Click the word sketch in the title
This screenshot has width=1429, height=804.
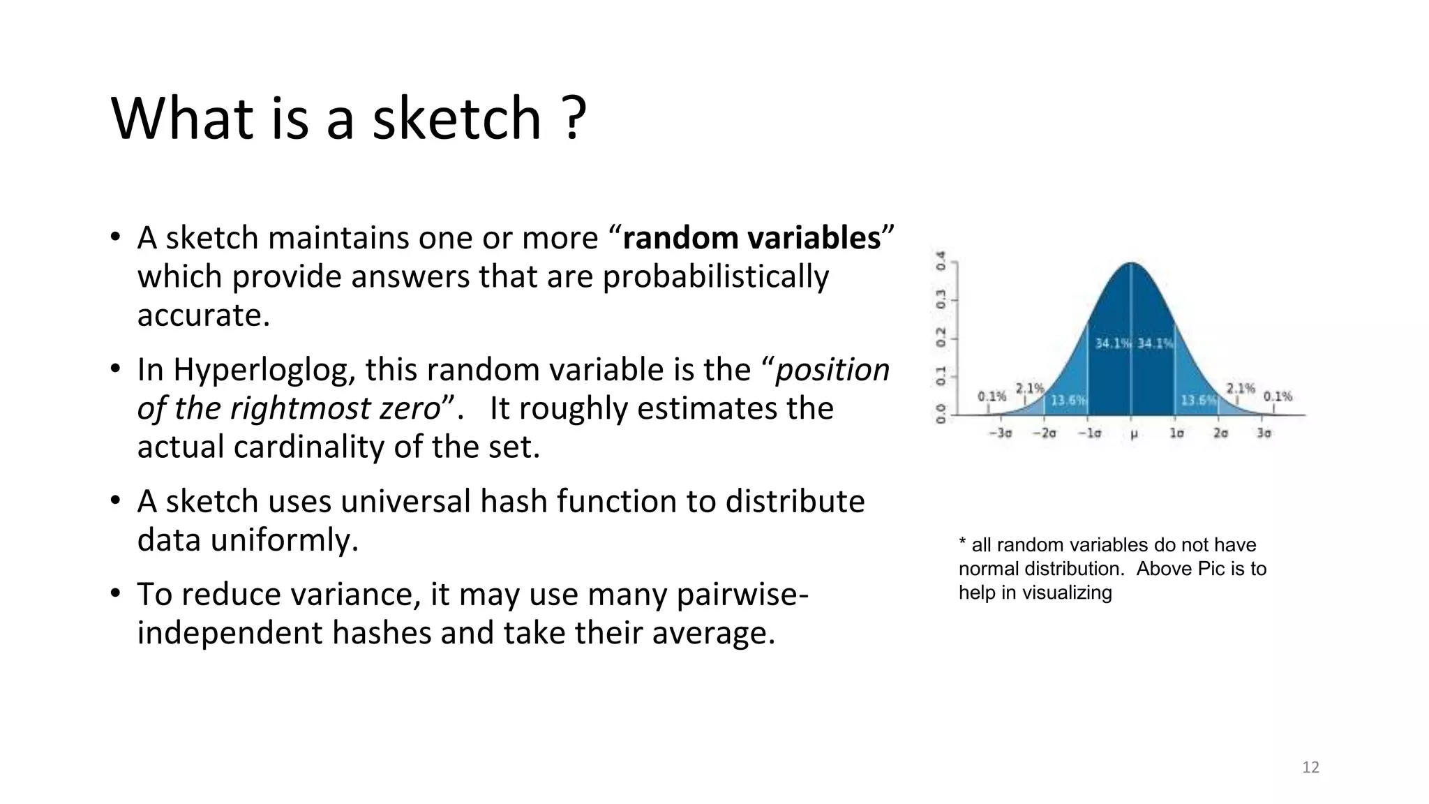click(456, 119)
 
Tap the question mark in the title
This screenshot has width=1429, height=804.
click(574, 119)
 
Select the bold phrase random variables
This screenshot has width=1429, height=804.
click(751, 238)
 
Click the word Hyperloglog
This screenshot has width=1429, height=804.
click(264, 370)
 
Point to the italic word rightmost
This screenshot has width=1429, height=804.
click(301, 408)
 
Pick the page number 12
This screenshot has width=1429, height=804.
click(1310, 768)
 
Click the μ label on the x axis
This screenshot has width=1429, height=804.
click(1133, 434)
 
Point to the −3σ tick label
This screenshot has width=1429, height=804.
click(1000, 433)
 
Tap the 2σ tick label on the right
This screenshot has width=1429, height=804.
click(1220, 433)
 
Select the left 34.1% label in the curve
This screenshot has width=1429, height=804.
click(1112, 343)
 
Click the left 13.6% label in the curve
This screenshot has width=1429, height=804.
click(1068, 401)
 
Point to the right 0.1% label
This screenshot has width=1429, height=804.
click(1278, 396)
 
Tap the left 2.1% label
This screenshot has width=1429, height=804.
click(1029, 388)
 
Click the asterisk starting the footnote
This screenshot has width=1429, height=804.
click(963, 544)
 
